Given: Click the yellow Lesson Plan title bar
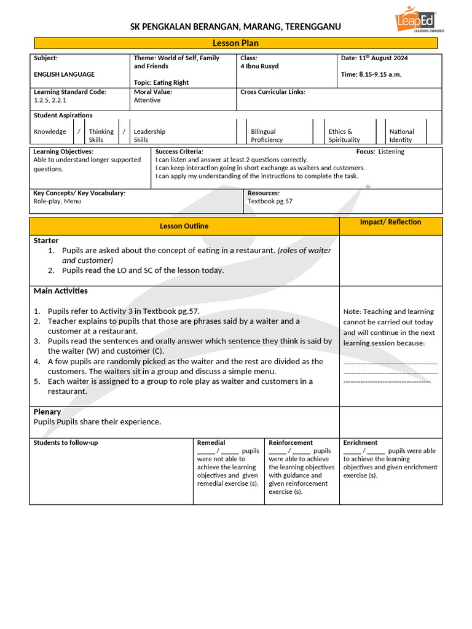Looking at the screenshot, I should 236,43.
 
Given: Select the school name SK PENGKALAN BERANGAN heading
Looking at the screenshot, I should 236,27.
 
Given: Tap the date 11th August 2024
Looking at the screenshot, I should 374,58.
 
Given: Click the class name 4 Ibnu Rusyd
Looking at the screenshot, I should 259,66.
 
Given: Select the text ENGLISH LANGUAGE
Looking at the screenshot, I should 64,74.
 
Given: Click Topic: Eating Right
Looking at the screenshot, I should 161,82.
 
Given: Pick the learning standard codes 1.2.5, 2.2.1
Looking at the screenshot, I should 50,100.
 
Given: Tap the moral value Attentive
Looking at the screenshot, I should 147,100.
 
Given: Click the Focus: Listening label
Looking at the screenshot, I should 380,152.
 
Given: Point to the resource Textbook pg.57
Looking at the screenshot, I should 270,201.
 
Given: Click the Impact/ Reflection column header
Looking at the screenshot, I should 390,222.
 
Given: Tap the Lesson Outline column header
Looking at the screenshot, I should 184,226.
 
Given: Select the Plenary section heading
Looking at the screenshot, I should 47,412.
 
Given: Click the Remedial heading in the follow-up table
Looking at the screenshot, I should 211,442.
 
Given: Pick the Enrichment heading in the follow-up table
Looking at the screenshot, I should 360,442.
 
